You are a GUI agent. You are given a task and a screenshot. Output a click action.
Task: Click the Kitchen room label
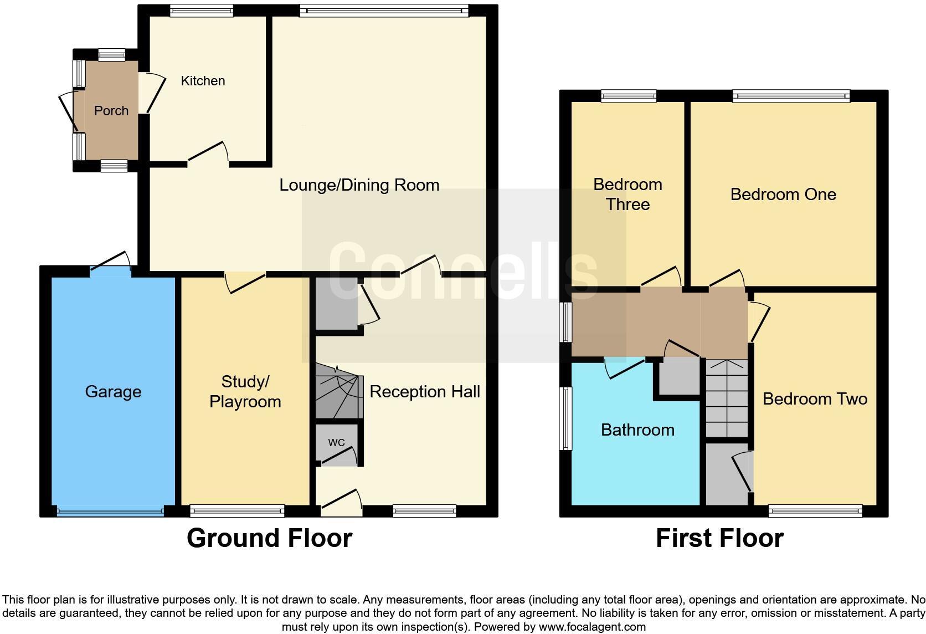[x=203, y=81]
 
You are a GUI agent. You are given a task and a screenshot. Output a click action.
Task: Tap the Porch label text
[x=111, y=111]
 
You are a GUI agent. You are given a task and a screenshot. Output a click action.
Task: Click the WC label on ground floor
[x=336, y=442]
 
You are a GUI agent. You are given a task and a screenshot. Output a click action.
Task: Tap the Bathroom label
[x=637, y=430]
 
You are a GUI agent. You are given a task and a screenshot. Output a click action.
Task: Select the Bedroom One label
[x=783, y=195]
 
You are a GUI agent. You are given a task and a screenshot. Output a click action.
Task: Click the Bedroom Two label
[x=814, y=399]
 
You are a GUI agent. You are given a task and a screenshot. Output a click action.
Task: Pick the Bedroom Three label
[x=627, y=195]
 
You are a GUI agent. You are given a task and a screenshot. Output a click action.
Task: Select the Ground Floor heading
[x=269, y=538]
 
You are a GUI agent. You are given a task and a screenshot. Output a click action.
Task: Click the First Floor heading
[x=719, y=538]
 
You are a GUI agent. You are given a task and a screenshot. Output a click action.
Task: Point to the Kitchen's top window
[x=201, y=11]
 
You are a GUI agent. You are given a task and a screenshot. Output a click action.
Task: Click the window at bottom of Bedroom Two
[x=815, y=510]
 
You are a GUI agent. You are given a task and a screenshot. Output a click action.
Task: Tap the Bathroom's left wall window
[x=565, y=418]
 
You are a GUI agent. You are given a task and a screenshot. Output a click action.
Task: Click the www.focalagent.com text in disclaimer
[x=592, y=627]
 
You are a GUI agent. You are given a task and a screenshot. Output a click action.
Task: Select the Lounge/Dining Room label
[x=359, y=185]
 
